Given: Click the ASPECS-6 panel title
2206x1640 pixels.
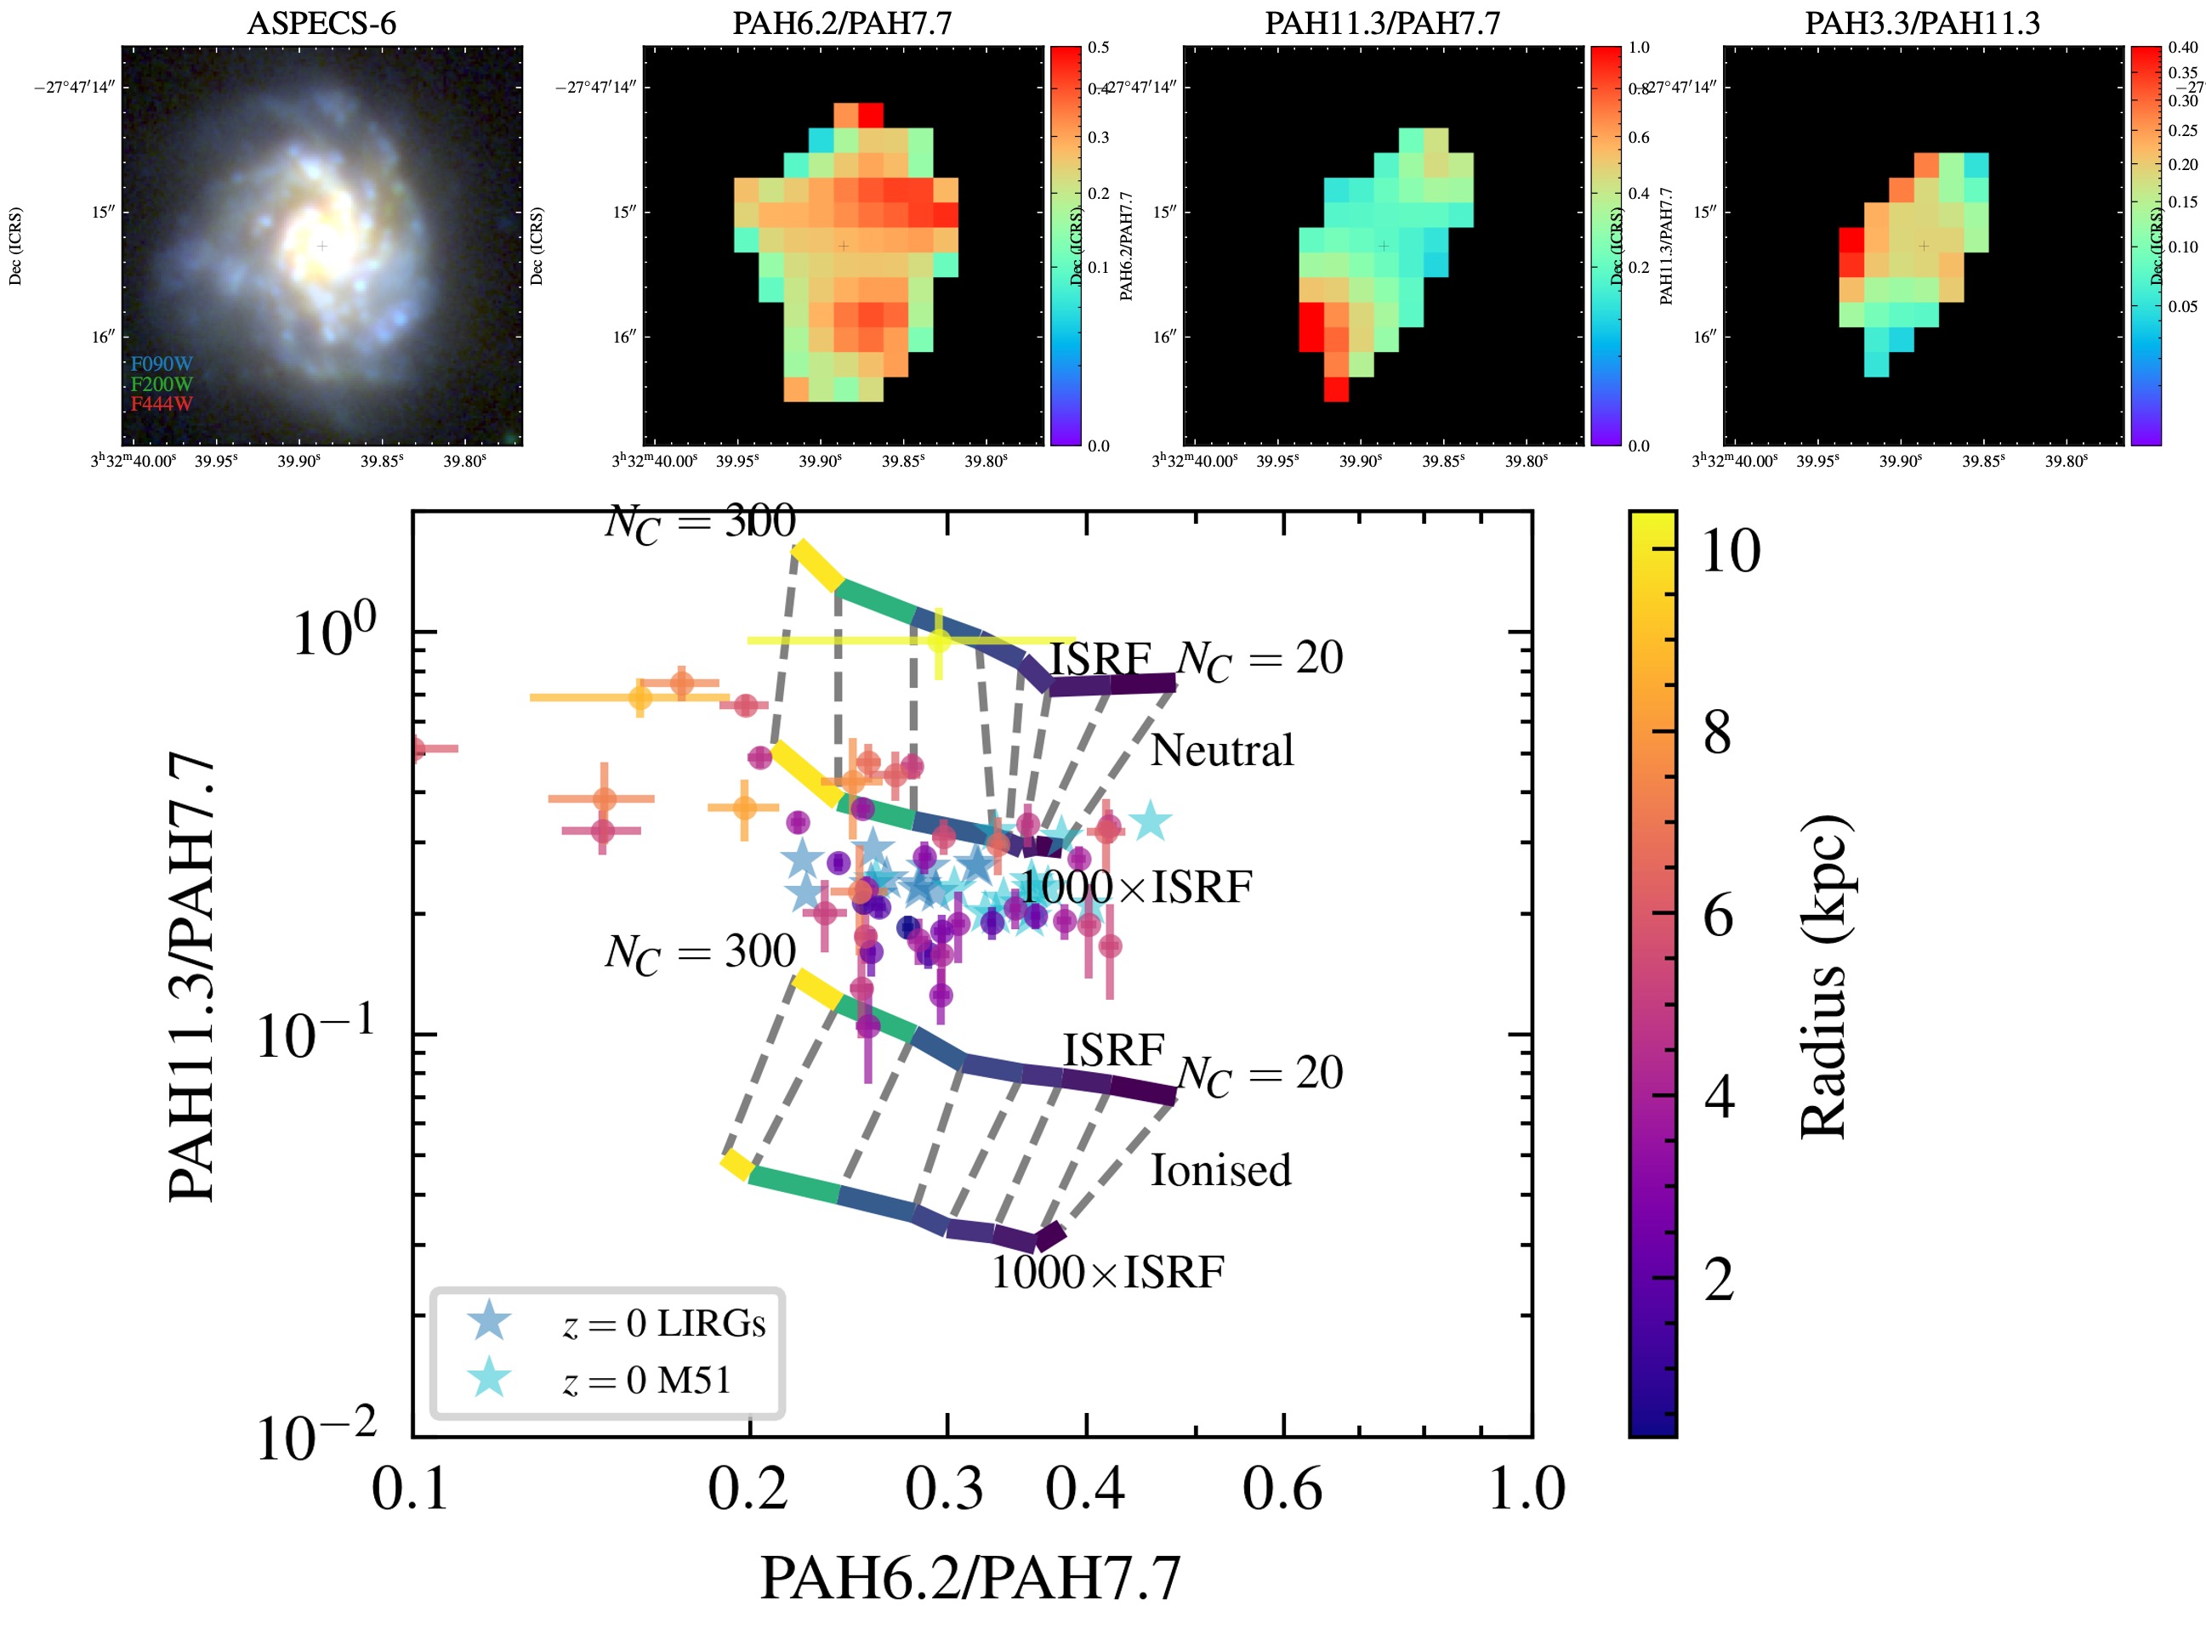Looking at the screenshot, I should pos(321,23).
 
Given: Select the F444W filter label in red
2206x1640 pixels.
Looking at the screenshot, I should pos(161,404).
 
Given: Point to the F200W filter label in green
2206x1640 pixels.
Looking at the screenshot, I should pos(161,384).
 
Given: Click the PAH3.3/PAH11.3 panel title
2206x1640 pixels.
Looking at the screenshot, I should pos(1921,23).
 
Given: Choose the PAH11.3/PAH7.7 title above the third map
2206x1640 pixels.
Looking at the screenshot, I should pos(1381,23).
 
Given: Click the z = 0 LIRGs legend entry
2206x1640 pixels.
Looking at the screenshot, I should pos(662,1324).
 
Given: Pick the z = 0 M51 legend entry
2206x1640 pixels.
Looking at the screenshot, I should pos(645,1381).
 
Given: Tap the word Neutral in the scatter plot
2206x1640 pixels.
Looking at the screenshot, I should pos(1221,751).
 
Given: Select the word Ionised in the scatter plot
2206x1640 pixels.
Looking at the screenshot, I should pos(1220,1171).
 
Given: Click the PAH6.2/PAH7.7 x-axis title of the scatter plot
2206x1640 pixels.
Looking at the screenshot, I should pos(970,1579).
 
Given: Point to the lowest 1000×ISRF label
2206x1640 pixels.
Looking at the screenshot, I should pos(1107,1273).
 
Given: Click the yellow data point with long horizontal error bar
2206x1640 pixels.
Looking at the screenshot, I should pos(939,640).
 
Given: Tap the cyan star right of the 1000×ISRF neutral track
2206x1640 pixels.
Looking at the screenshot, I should pos(1150,821).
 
